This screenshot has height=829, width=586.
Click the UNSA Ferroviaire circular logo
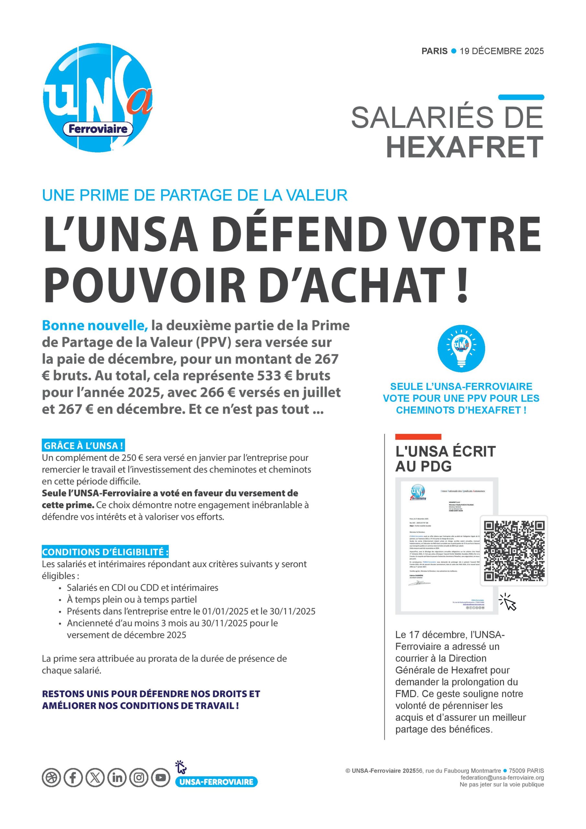point(97,97)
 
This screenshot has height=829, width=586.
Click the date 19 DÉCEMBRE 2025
point(501,51)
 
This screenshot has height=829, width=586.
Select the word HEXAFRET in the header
point(465,147)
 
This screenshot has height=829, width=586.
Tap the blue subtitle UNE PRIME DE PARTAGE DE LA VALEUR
point(195,195)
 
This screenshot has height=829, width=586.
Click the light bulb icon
point(461,348)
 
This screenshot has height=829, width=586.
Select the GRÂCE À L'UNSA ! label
point(84,446)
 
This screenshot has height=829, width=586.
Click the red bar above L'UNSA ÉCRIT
point(418,437)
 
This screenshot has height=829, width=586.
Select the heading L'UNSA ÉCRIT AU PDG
point(445,459)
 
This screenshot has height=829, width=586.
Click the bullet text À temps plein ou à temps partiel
point(132,599)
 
